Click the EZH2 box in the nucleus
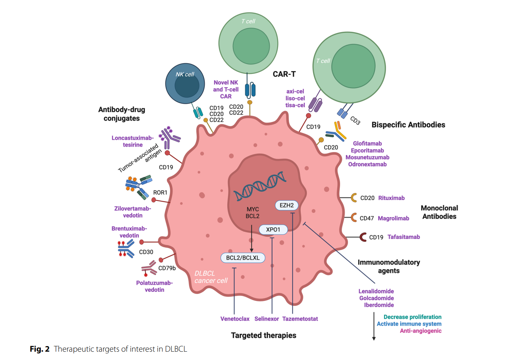[286, 205]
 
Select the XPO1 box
[273, 229]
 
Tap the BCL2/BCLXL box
[243, 258]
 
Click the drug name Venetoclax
[235, 319]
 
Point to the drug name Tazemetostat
[300, 319]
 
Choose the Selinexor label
[267, 319]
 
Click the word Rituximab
[391, 198]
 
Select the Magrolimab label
[393, 218]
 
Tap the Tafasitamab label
[404, 237]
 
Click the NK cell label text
[185, 74]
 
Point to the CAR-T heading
[284, 74]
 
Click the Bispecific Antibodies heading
[409, 125]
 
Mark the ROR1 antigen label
[160, 193]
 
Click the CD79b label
[167, 268]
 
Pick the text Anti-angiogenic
[421, 331]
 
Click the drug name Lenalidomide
[376, 291]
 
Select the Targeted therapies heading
[264, 335]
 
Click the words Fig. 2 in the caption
[40, 349]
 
